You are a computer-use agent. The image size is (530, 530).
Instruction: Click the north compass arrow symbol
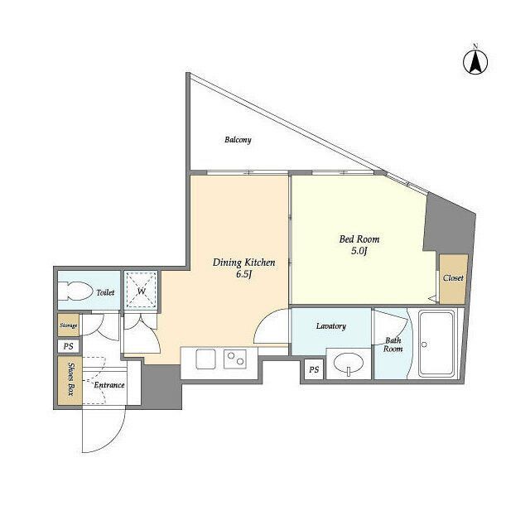coord(475,62)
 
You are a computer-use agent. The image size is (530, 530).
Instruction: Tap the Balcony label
coord(238,140)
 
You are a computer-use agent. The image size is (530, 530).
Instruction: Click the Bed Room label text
coord(359,239)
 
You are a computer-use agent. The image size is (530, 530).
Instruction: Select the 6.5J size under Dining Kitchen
coord(244,274)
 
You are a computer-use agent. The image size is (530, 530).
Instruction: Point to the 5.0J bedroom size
coord(359,251)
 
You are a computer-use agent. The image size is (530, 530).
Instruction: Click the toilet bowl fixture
coord(75,291)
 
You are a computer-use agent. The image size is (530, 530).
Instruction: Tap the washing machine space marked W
coord(141,290)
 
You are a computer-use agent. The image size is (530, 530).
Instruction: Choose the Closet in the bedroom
coord(453,279)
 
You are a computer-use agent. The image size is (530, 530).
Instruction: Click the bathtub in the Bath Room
coord(436,344)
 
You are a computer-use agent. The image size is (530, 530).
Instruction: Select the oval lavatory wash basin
coord(349,364)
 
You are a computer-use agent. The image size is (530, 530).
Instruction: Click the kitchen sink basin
coord(205,359)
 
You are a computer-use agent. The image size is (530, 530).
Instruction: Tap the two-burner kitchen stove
coord(235,359)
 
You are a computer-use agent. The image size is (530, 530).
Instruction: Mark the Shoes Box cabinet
coord(70,380)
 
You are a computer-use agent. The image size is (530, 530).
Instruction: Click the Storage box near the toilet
coord(68,325)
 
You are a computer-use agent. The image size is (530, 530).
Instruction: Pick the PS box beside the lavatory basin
coord(314,369)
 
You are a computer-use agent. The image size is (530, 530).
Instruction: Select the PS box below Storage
coord(69,346)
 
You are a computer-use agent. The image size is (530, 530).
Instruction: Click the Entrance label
coord(108,385)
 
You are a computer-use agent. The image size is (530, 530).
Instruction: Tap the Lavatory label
coord(331,326)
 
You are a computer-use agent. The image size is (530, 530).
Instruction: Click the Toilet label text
coord(105,292)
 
